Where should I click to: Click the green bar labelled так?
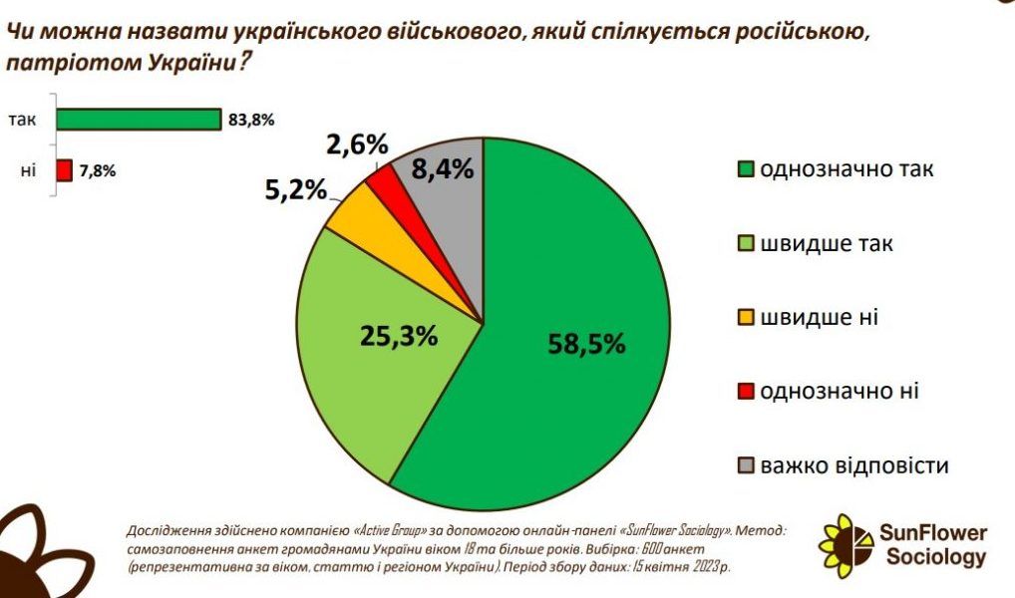tap(138, 120)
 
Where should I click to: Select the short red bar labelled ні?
tap(65, 170)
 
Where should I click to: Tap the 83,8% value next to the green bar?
tap(251, 121)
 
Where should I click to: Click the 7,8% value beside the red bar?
tap(98, 170)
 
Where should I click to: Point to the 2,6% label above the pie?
tap(356, 145)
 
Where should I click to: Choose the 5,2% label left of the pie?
tap(295, 189)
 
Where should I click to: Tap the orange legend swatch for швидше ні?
tap(745, 318)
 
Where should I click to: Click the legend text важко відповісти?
tap(853, 465)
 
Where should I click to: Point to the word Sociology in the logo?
tap(936, 557)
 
